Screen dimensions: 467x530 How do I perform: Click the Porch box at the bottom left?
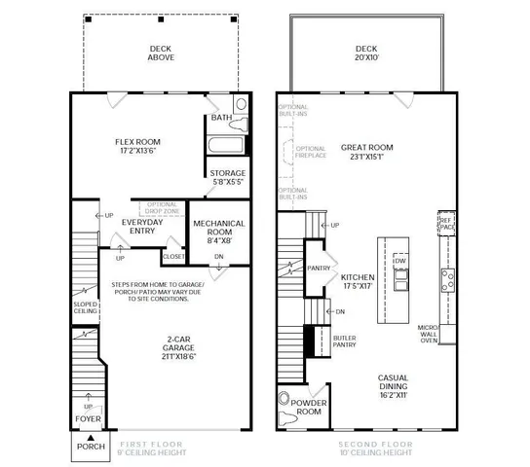click(86, 447)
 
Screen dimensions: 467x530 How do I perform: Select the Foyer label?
click(86, 421)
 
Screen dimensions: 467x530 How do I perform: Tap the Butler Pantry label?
click(343, 341)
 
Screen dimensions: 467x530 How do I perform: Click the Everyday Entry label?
click(142, 227)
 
